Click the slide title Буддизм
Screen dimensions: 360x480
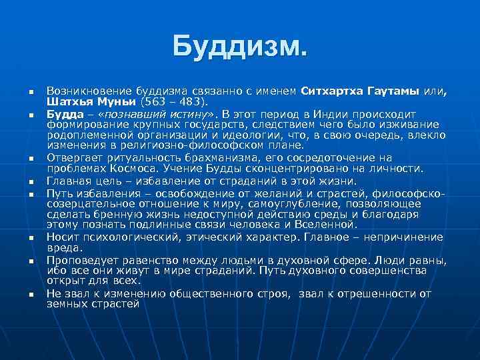pos(240,46)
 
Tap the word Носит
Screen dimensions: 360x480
pos(62,237)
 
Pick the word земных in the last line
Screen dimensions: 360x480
pos(65,303)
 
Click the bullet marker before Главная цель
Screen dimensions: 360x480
pos(23,181)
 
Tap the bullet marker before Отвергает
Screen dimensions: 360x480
pos(23,159)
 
